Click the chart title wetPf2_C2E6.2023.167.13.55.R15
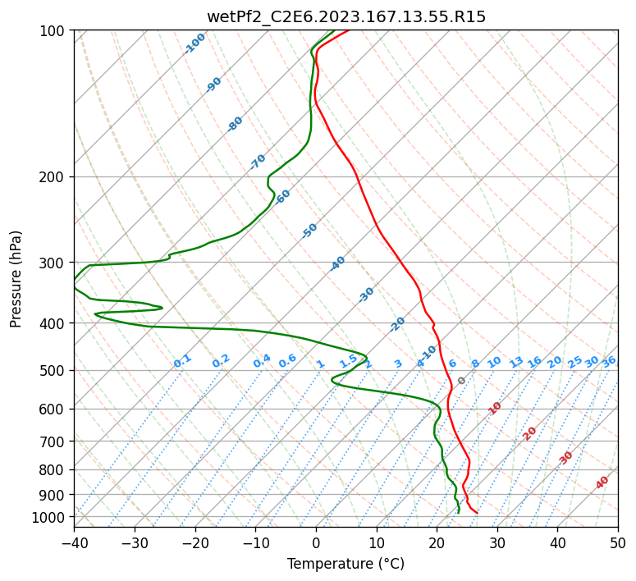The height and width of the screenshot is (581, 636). pyautogui.click(x=346, y=17)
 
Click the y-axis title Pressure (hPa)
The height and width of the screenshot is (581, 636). pyautogui.click(x=16, y=279)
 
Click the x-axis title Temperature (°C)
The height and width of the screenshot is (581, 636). pyautogui.click(x=346, y=564)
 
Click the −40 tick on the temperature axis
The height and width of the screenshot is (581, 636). pyautogui.click(x=74, y=542)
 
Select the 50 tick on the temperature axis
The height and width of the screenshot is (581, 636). pyautogui.click(x=618, y=542)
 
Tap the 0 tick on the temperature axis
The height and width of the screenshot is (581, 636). pyautogui.click(x=317, y=542)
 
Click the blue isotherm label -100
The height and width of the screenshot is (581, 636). pyautogui.click(x=194, y=43)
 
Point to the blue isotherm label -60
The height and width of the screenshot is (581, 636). pyautogui.click(x=282, y=197)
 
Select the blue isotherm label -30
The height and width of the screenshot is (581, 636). pyautogui.click(x=366, y=295)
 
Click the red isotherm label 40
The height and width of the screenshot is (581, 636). pyautogui.click(x=602, y=483)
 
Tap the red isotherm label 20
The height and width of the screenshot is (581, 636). pyautogui.click(x=529, y=434)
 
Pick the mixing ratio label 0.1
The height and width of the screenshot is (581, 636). pyautogui.click(x=182, y=361)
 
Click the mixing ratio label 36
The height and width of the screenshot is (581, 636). pyautogui.click(x=609, y=363)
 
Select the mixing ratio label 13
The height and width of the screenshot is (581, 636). pyautogui.click(x=516, y=363)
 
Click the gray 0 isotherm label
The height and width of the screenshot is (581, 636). pyautogui.click(x=461, y=381)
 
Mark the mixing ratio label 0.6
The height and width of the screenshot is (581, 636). pyautogui.click(x=287, y=361)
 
